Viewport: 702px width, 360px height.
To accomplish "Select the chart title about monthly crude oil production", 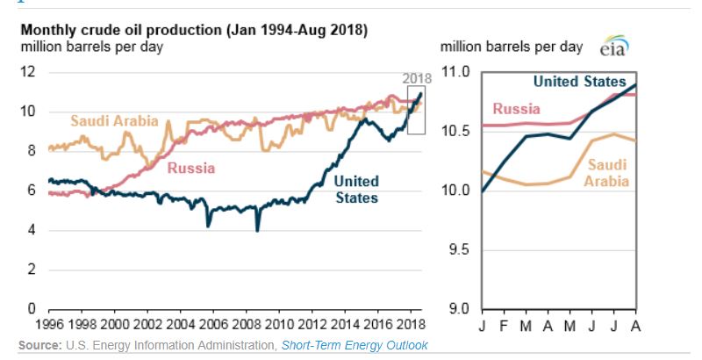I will (194, 30).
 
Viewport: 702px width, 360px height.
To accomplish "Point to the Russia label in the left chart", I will (191, 167).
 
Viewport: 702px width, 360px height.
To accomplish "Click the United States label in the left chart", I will (356, 189).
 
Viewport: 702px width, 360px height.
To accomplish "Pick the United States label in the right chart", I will (580, 82).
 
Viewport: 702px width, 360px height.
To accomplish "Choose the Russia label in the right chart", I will (515, 109).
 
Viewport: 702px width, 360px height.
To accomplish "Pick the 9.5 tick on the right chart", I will (460, 249).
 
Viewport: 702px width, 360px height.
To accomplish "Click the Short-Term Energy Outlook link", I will (355, 345).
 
